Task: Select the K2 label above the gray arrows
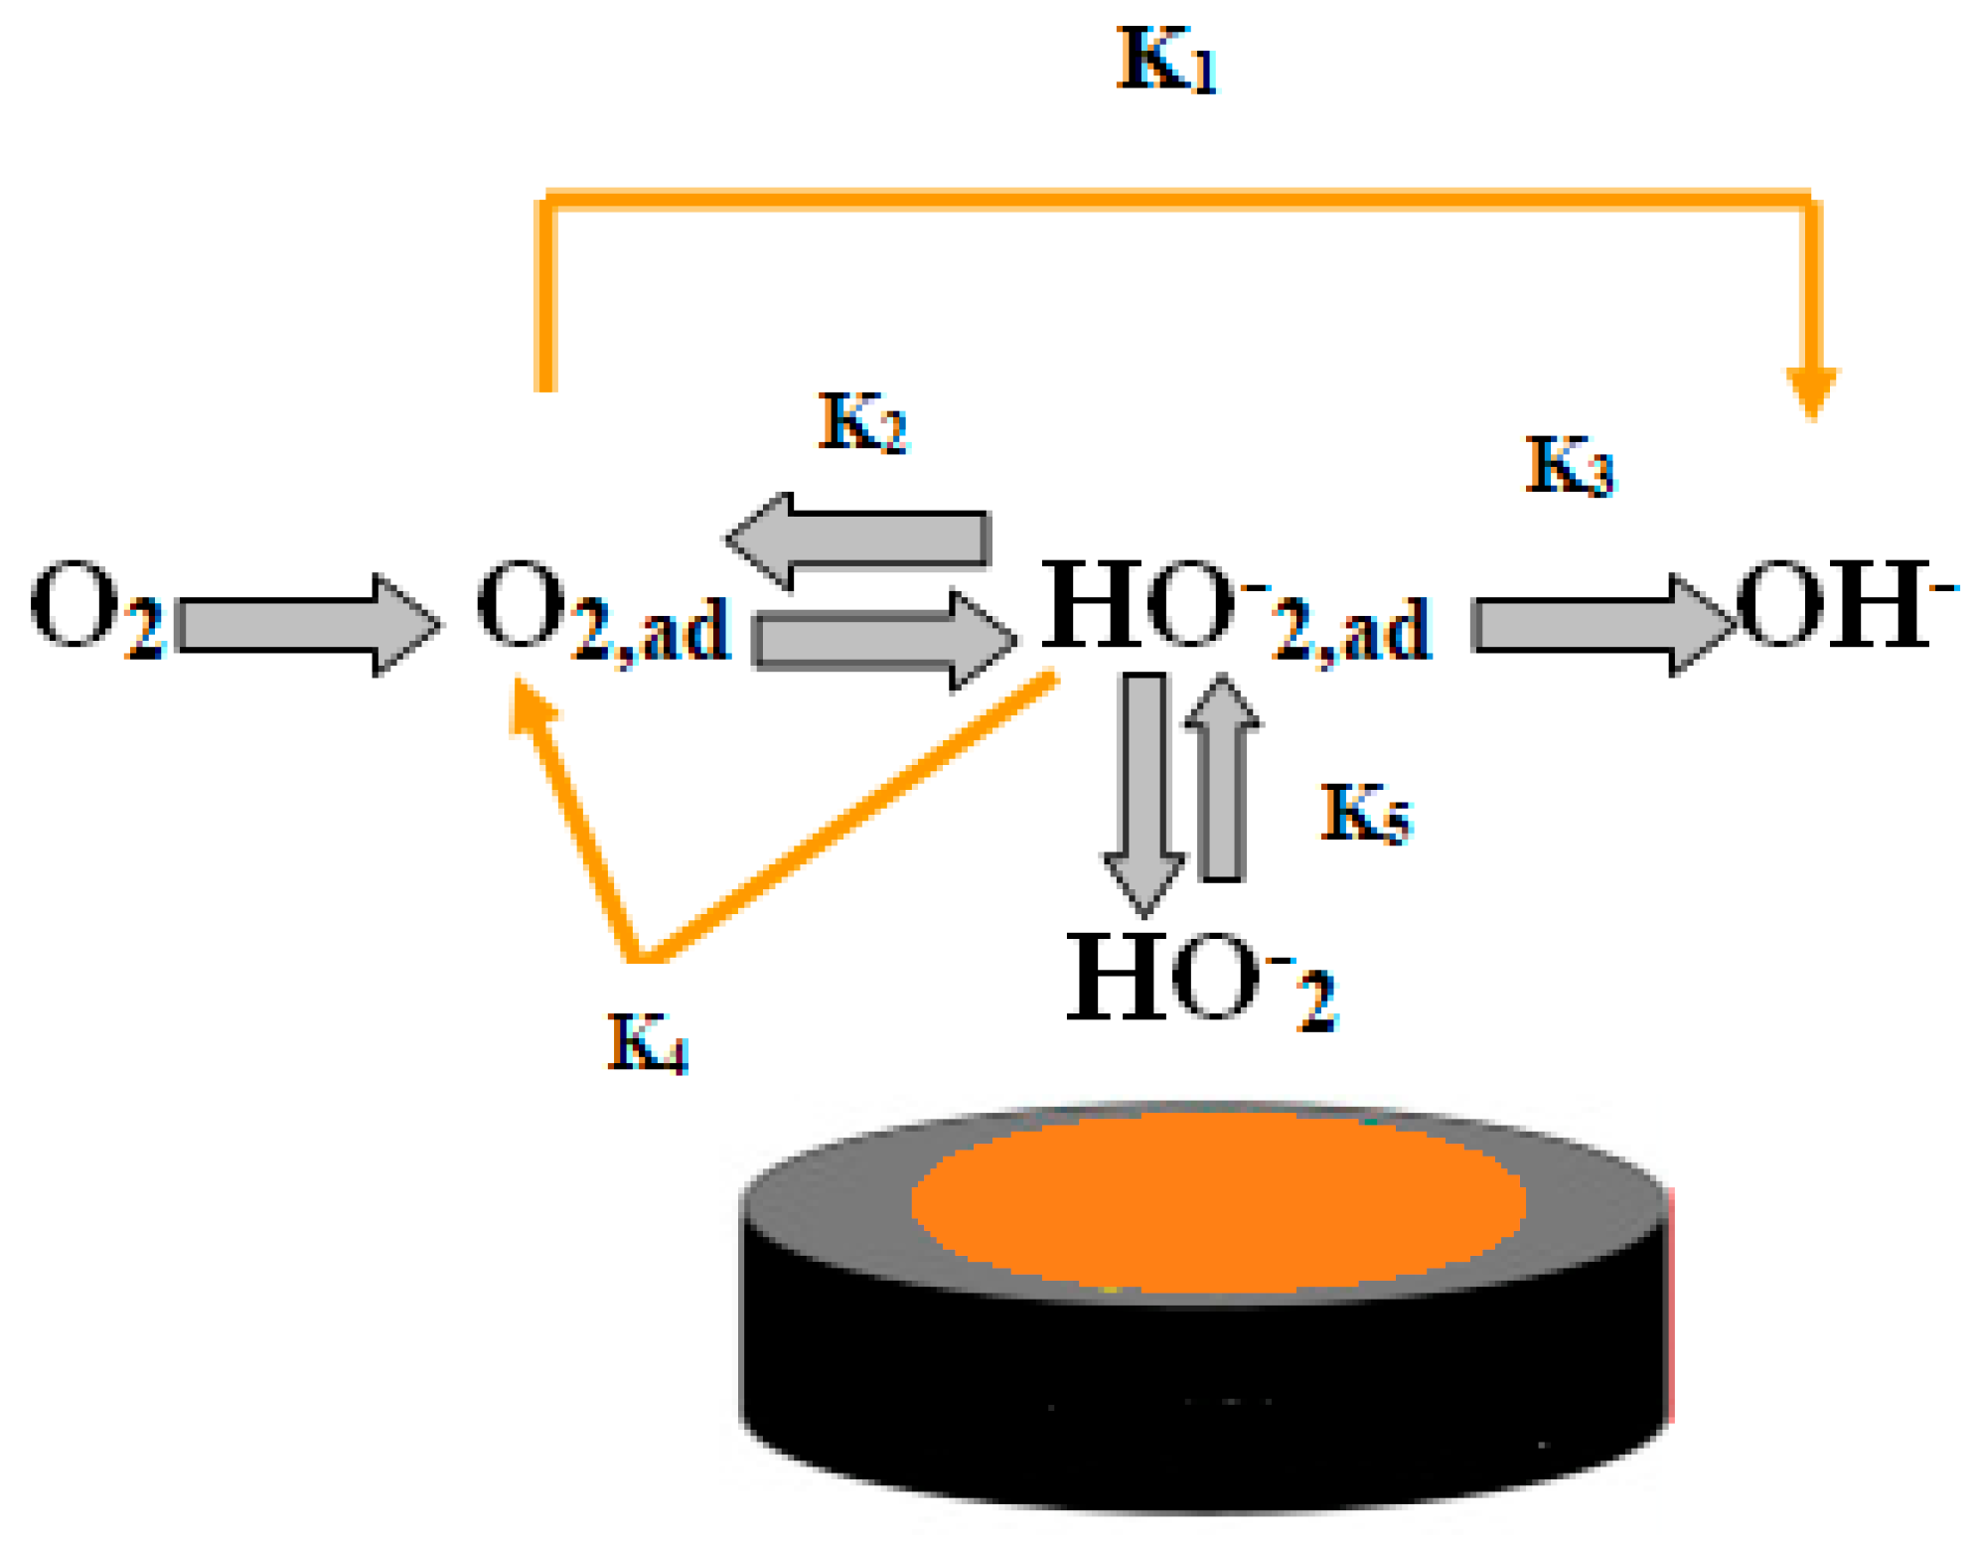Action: [861, 422]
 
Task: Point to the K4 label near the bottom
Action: [647, 1042]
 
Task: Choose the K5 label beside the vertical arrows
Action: [1365, 813]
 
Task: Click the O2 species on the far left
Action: [95, 607]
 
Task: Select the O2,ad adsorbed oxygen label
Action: [601, 610]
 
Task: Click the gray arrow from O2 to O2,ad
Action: [308, 625]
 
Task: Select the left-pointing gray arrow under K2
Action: [859, 540]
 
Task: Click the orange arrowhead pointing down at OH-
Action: [1811, 389]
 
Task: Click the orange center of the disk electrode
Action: [1217, 1202]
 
